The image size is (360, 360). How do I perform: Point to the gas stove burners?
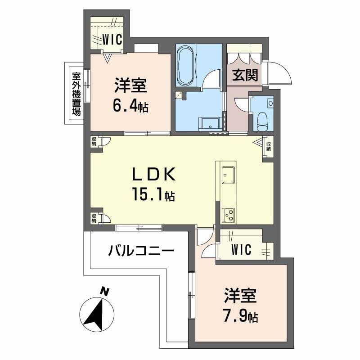(x=228, y=215)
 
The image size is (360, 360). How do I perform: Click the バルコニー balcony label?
(x=140, y=250)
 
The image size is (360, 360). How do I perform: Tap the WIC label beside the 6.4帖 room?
(x=111, y=39)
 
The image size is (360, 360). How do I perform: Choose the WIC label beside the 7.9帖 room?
(x=241, y=250)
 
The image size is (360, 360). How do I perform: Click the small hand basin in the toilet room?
(x=270, y=103)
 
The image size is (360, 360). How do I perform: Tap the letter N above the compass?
(x=104, y=292)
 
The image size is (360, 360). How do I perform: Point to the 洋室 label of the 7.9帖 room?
(x=241, y=297)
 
